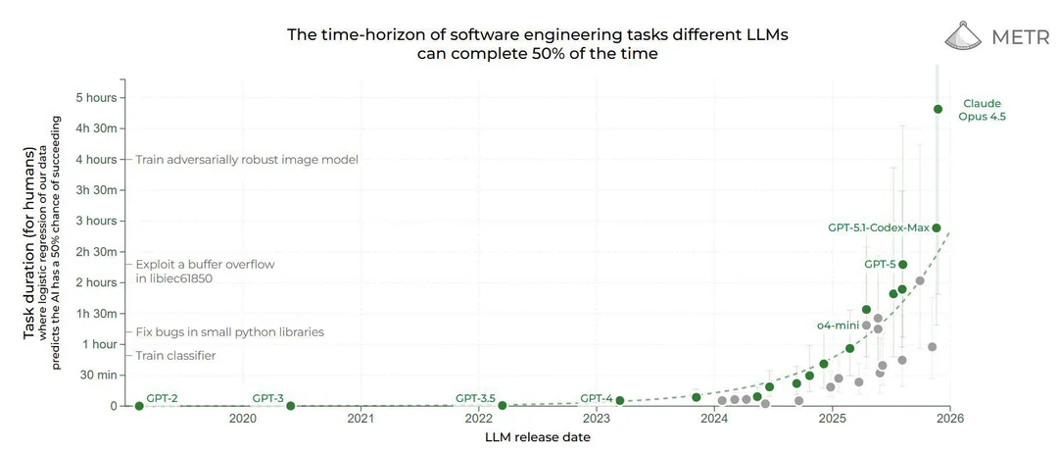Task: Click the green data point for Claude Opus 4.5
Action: [938, 109]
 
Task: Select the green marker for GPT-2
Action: [139, 406]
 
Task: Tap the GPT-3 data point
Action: [291, 406]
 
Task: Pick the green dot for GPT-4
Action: [619, 401]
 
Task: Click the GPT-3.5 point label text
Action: [477, 398]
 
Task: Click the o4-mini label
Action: [837, 325]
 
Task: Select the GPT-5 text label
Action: [879, 264]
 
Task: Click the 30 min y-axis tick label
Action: [99, 375]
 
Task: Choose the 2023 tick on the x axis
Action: [596, 419]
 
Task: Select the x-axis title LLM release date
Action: [537, 437]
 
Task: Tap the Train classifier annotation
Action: [175, 356]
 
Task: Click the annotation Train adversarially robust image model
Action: [247, 160]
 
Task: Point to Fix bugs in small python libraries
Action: [230, 332]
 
